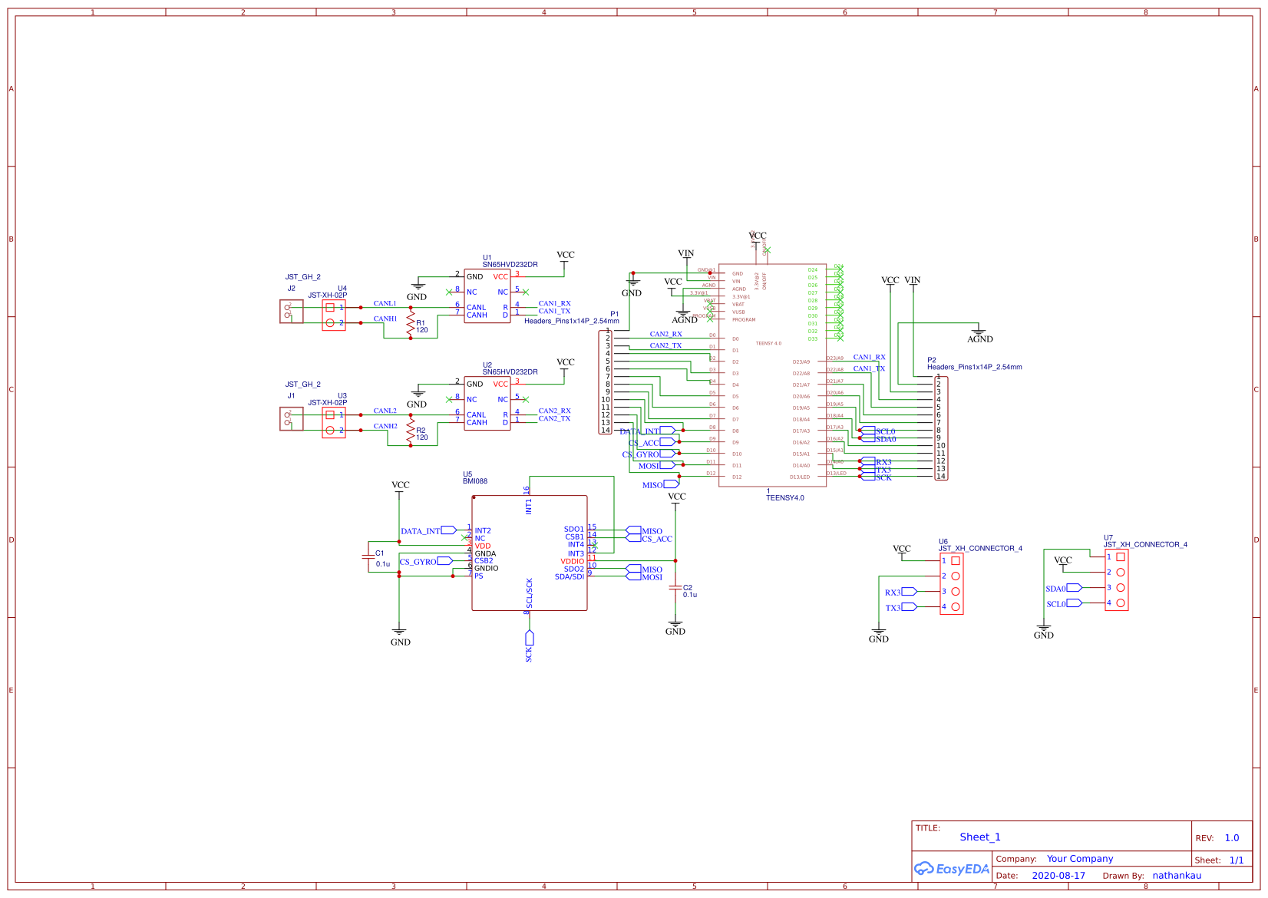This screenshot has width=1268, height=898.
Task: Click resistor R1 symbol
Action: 411,322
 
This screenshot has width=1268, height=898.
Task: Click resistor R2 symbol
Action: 411,429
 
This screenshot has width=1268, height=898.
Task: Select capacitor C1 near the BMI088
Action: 368,558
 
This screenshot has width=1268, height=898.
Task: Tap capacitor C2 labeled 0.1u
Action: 675,589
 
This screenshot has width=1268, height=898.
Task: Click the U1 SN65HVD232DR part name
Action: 510,265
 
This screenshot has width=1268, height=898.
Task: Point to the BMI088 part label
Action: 474,481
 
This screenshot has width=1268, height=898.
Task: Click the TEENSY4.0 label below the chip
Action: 784,498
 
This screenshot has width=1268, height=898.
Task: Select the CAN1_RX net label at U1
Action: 554,304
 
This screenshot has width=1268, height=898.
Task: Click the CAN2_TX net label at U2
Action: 554,419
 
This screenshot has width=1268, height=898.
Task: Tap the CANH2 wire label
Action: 385,426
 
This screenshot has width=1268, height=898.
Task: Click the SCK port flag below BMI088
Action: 529,639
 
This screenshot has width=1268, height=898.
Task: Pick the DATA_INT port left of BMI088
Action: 449,530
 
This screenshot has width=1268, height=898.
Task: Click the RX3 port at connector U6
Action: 909,592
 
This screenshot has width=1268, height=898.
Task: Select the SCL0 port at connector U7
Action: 1074,603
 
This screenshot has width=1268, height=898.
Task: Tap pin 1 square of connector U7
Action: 1120,557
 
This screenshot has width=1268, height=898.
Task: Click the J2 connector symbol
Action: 291,311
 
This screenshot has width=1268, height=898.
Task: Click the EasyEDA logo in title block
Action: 951,869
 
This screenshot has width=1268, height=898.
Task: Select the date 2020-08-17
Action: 1058,876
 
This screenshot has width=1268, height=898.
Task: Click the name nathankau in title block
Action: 1177,876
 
